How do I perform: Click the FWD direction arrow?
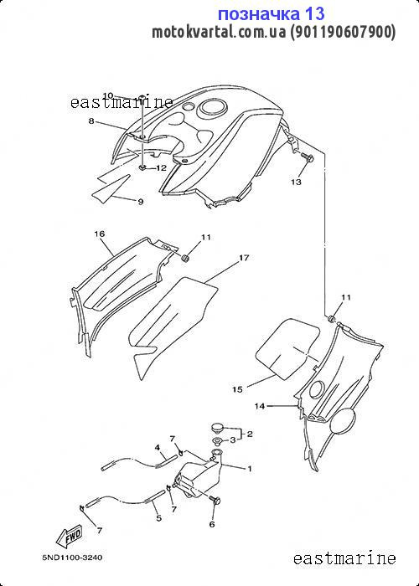point(69,538)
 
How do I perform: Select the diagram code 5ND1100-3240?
point(72,558)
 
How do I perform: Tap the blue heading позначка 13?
point(271,14)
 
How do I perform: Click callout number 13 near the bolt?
point(296,182)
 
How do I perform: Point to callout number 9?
point(140,202)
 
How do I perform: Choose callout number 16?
point(100,234)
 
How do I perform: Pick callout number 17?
point(244,258)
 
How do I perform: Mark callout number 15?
point(237,389)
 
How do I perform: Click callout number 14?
point(260,406)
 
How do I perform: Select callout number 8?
point(91,121)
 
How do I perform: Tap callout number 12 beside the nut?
point(161,168)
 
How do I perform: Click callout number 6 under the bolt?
point(212,524)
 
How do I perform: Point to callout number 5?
point(158,518)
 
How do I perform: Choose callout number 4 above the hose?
point(158,447)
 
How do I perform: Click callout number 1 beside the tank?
point(249,469)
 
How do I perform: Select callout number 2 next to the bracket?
point(250,434)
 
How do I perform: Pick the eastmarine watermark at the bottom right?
point(344,558)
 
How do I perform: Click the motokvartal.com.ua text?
point(219,33)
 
